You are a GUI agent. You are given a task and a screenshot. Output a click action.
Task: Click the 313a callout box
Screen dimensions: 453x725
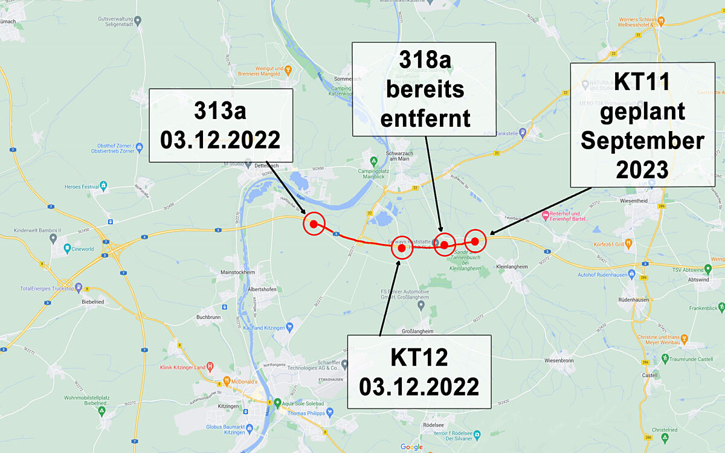(x=221, y=125)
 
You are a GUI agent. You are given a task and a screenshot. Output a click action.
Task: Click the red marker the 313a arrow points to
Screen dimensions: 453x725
(x=314, y=224)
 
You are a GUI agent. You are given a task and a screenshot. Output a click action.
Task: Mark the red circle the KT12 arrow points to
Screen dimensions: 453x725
(x=402, y=248)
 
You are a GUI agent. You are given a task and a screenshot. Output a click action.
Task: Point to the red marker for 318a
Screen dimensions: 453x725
(x=444, y=245)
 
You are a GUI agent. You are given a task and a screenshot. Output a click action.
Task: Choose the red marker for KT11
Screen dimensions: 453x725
(x=475, y=242)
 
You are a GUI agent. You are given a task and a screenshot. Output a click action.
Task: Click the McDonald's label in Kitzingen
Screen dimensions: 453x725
(x=241, y=381)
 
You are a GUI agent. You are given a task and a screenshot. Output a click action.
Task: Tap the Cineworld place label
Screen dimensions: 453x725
(x=83, y=248)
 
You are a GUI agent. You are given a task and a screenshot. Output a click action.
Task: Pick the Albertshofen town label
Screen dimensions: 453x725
(x=262, y=289)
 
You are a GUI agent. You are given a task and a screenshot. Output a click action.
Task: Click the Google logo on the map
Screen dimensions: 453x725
(x=411, y=447)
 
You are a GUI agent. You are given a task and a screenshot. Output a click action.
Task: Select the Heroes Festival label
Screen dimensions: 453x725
(x=81, y=187)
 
